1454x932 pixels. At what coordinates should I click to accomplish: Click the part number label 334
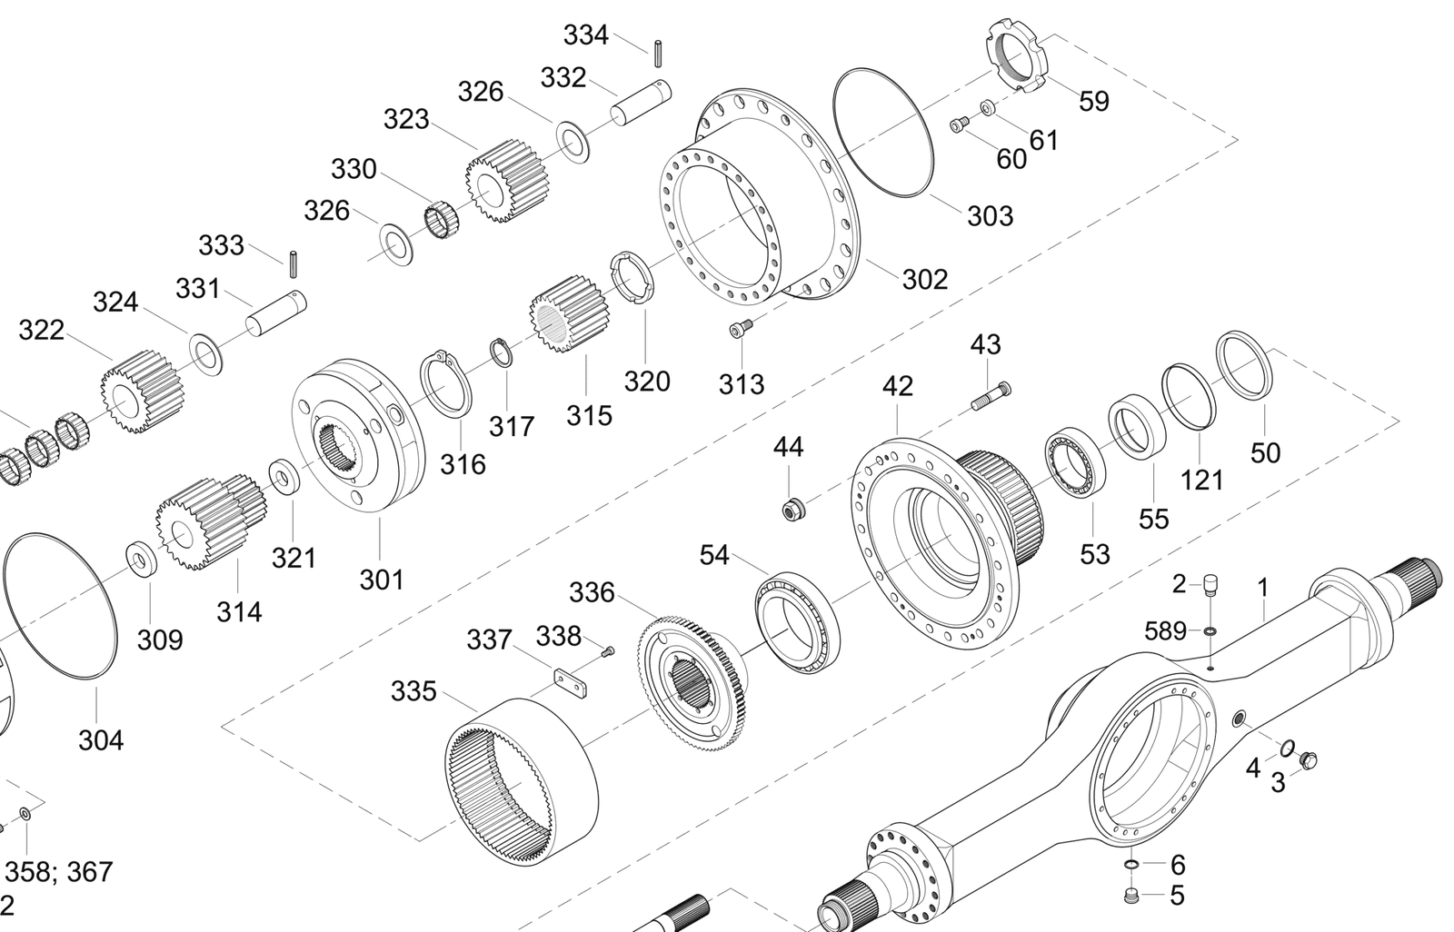coord(585,35)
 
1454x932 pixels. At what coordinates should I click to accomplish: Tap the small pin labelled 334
coord(656,52)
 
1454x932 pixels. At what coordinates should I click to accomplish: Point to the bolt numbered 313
coord(742,329)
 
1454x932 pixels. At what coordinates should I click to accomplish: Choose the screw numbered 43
coord(991,396)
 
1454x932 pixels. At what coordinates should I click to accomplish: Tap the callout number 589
coord(1165,630)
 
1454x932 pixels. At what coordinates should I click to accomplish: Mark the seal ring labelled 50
coord(1244,363)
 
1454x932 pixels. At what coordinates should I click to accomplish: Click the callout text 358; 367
coord(59,872)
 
